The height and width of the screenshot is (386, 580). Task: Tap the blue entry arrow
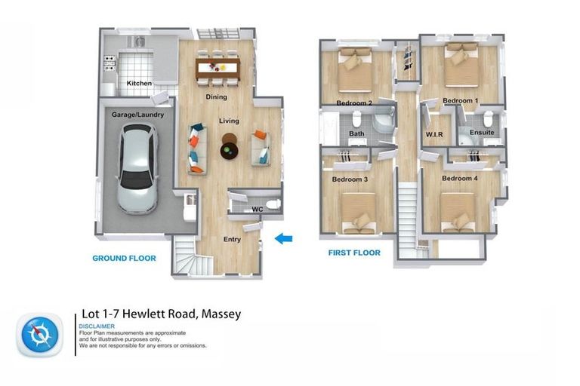(283, 239)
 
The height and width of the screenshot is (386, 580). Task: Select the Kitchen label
(139, 83)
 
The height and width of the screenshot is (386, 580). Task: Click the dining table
(217, 67)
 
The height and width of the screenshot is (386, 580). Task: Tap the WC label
(257, 209)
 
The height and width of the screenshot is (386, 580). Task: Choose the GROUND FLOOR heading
(124, 258)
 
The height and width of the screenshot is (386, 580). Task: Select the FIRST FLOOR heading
(354, 253)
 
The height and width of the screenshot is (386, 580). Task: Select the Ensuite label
(482, 133)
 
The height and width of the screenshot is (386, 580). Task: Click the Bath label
(356, 134)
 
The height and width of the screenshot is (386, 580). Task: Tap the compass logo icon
(35, 334)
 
